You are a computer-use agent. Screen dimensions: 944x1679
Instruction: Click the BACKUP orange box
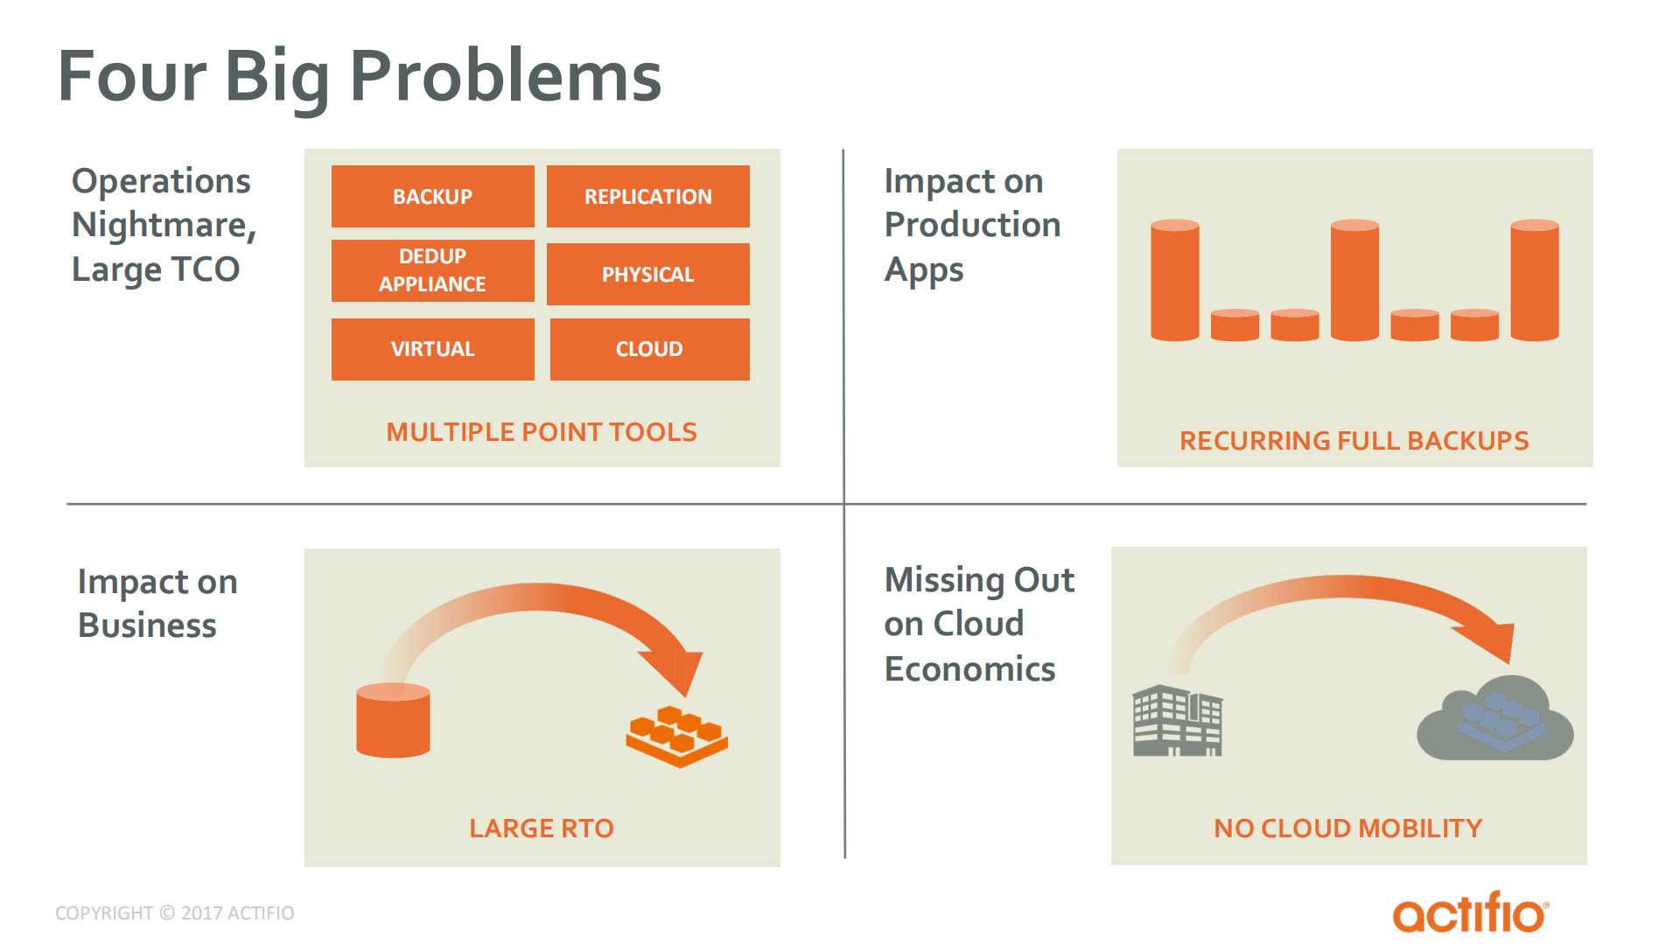pyautogui.click(x=432, y=196)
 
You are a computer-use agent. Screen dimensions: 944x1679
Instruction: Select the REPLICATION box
pyautogui.click(x=647, y=196)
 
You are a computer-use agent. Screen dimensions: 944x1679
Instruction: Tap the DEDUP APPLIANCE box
pyautogui.click(x=432, y=270)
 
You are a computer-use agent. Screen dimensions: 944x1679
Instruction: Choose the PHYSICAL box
pyautogui.click(x=647, y=274)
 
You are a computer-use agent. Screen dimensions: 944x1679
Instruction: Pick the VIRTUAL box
pyautogui.click(x=432, y=349)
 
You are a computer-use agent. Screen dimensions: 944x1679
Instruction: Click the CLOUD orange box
pyautogui.click(x=649, y=349)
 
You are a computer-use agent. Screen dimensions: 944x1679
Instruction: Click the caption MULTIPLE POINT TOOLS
pyautogui.click(x=542, y=432)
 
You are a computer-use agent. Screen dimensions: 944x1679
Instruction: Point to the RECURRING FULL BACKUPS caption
pyautogui.click(x=1354, y=441)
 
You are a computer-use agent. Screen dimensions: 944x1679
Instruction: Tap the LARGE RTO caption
pyautogui.click(x=542, y=829)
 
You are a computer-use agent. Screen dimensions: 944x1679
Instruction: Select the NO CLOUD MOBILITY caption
pyautogui.click(x=1347, y=829)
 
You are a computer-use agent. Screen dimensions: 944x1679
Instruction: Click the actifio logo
pyautogui.click(x=1470, y=913)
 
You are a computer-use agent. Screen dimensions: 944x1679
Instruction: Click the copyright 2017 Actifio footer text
pyautogui.click(x=175, y=913)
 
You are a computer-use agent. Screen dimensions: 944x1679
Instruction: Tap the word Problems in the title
pyautogui.click(x=505, y=77)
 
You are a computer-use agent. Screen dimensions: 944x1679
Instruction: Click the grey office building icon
pyautogui.click(x=1177, y=721)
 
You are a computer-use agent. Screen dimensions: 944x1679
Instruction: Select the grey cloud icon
pyautogui.click(x=1494, y=720)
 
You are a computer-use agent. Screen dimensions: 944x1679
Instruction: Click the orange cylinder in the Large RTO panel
pyautogui.click(x=393, y=721)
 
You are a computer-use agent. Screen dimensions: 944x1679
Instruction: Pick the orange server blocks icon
pyautogui.click(x=676, y=736)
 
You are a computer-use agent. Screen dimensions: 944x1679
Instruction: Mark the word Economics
pyautogui.click(x=969, y=669)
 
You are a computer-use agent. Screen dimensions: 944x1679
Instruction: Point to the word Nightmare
pyautogui.click(x=163, y=226)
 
